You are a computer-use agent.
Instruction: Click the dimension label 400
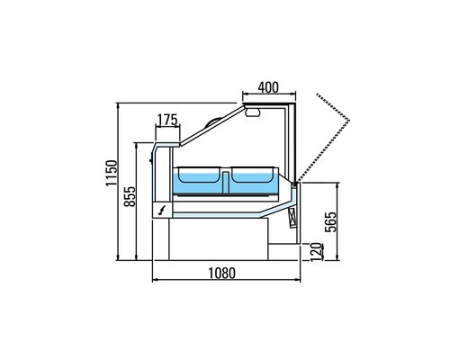click(267, 86)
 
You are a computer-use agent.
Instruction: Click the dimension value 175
click(166, 119)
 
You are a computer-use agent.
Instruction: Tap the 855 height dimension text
click(130, 200)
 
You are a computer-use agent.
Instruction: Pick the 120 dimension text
click(315, 251)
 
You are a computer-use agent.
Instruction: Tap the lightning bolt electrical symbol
click(163, 210)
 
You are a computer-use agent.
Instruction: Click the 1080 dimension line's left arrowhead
click(153, 281)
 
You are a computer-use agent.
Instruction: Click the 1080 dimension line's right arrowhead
click(300, 281)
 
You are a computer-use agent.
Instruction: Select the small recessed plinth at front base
click(283, 250)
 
